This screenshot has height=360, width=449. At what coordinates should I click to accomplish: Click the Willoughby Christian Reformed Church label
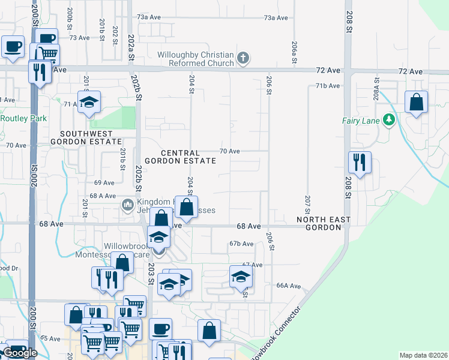196,59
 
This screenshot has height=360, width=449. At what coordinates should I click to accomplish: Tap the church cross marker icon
243,59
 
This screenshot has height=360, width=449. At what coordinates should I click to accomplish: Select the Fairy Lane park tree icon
389,121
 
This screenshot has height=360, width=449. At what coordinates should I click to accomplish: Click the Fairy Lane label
361,121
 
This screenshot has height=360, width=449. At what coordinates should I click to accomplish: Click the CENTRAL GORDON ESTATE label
180,157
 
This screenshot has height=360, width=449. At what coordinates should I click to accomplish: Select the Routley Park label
23,118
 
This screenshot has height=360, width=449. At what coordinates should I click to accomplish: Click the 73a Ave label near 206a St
276,18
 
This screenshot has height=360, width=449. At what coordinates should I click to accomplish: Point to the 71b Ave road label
328,86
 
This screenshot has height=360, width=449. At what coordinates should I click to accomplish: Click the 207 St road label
307,205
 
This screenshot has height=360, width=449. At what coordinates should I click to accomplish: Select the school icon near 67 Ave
241,277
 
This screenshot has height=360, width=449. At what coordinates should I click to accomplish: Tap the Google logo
19,353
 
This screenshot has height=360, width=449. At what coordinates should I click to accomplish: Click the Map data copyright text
423,355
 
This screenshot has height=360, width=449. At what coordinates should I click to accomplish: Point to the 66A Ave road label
288,286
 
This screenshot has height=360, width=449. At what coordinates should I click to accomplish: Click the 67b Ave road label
241,244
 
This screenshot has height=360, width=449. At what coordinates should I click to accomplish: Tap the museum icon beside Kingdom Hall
127,206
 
